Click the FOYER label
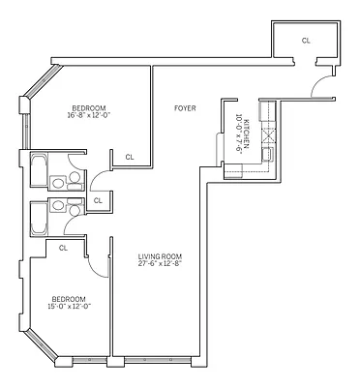184,108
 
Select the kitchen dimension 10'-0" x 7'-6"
239,131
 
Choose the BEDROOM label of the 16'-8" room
89,107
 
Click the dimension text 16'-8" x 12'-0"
89,116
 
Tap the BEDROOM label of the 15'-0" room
70,298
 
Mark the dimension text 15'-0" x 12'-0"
70,307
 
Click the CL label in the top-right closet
306,41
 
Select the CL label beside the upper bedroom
130,157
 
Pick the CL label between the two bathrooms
98,200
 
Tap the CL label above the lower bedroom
63,248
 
